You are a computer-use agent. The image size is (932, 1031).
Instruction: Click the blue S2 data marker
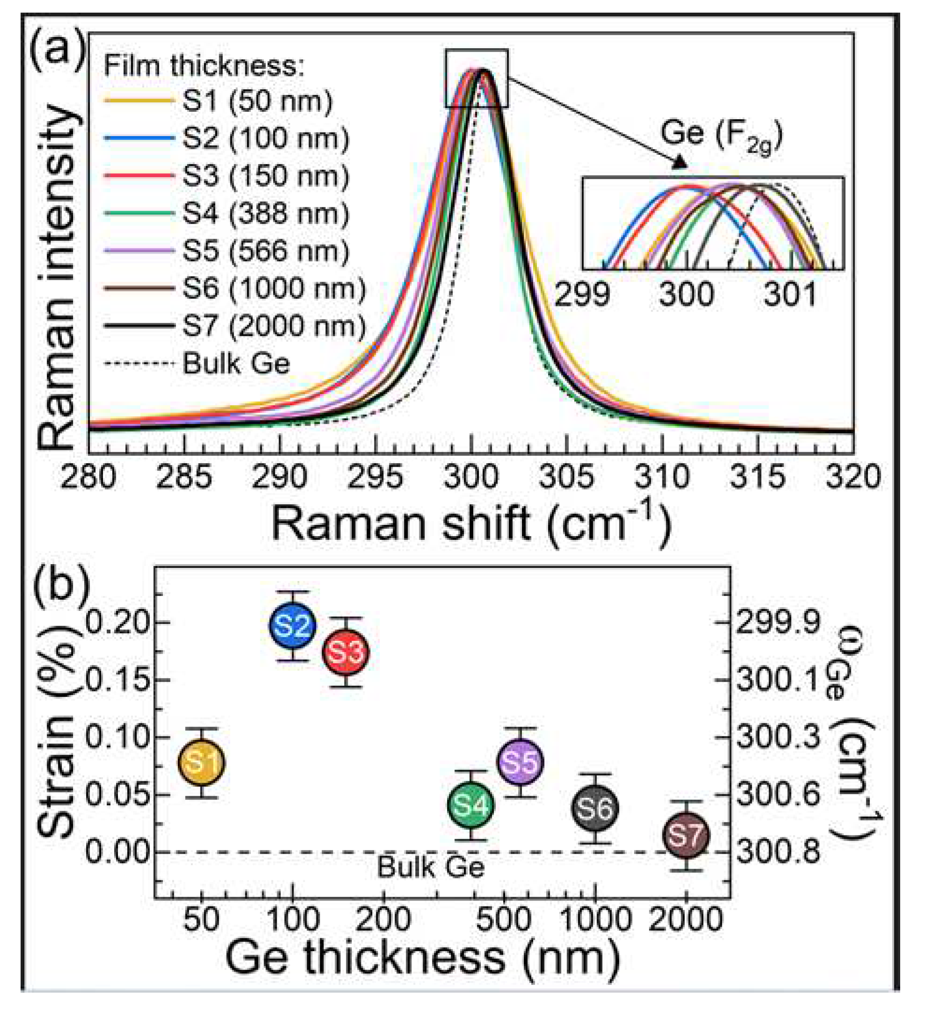point(292,625)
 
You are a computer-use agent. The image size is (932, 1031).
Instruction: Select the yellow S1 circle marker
point(202,762)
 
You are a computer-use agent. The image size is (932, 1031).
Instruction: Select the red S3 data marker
point(345,652)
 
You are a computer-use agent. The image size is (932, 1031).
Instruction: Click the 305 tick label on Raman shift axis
point(566,477)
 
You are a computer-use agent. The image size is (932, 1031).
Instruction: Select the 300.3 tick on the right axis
point(778,737)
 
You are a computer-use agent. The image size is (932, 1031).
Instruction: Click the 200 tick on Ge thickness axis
point(383,919)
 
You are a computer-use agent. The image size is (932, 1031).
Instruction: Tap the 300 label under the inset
point(686,295)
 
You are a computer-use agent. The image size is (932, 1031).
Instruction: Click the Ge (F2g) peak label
point(721,135)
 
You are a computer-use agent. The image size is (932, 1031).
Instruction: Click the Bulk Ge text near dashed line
point(431,867)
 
